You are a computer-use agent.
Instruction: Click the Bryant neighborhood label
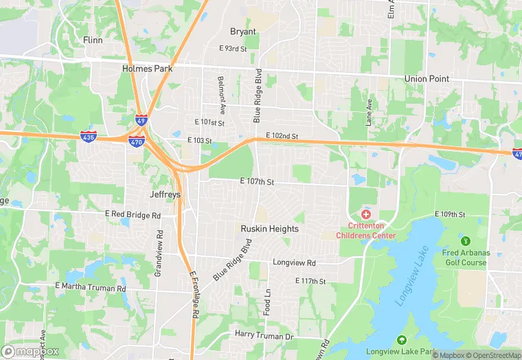click(x=242, y=32)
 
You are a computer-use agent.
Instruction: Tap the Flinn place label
click(x=92, y=40)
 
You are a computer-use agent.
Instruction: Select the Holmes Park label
click(x=147, y=69)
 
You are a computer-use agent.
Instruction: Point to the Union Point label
click(x=427, y=79)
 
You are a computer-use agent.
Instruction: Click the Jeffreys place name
click(x=165, y=195)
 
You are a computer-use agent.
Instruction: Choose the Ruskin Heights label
click(x=269, y=229)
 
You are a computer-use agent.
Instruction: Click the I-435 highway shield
click(x=88, y=135)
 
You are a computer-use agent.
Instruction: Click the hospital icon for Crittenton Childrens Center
click(x=365, y=215)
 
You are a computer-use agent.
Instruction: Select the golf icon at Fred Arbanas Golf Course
click(x=466, y=241)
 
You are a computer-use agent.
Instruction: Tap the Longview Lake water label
click(x=411, y=276)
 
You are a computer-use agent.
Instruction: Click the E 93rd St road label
click(x=232, y=49)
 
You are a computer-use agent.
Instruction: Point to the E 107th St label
click(x=257, y=182)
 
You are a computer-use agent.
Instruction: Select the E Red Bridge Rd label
click(x=133, y=215)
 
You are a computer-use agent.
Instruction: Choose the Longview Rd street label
click(x=294, y=263)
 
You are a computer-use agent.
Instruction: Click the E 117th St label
click(x=310, y=281)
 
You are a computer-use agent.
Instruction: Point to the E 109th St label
click(x=453, y=215)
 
